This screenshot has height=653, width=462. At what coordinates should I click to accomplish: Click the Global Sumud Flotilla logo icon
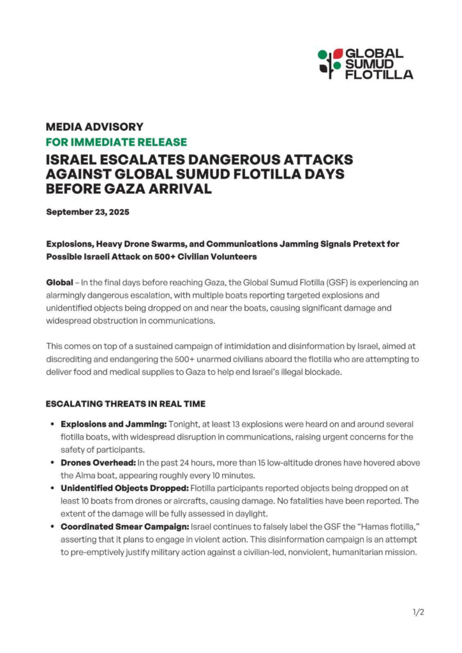pyautogui.click(x=330, y=64)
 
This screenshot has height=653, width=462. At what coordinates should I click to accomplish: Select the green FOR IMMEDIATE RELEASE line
pyautogui.click(x=116, y=142)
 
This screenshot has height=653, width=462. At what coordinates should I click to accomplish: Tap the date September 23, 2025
pyautogui.click(x=87, y=212)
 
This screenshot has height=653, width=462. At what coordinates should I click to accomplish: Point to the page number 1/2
pyautogui.click(x=419, y=612)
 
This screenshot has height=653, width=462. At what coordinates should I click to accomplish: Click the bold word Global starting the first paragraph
pyautogui.click(x=59, y=282)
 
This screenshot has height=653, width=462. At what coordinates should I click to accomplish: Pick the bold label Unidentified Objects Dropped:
pyautogui.click(x=124, y=488)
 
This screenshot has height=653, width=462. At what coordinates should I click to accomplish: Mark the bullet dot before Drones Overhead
pyautogui.click(x=51, y=463)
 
